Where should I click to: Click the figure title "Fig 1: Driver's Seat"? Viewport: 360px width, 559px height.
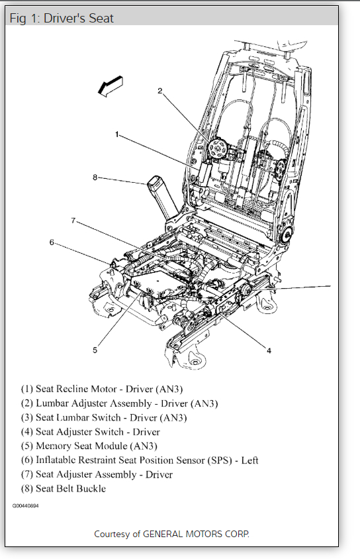pyautogui.click(x=62, y=18)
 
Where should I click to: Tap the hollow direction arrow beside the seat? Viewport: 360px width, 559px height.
pyautogui.click(x=111, y=86)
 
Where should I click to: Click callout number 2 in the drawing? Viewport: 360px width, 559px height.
pyautogui.click(x=160, y=91)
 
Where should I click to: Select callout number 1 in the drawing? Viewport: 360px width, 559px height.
pyautogui.click(x=116, y=134)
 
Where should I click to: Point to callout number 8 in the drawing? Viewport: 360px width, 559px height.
pyautogui.click(x=95, y=178)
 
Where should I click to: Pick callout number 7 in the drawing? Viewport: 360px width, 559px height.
pyautogui.click(x=73, y=221)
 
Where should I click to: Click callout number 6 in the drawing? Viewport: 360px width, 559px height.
pyautogui.click(x=52, y=242)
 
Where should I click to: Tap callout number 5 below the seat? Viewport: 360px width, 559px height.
pyautogui.click(x=95, y=350)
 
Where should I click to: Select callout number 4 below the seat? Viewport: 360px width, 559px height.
pyautogui.click(x=269, y=351)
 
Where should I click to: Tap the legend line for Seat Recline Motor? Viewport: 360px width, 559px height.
pyautogui.click(x=102, y=389)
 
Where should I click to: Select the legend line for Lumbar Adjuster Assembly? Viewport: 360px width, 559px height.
pyautogui.click(x=119, y=403)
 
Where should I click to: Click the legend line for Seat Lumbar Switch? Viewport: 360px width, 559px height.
pyautogui.click(x=104, y=417)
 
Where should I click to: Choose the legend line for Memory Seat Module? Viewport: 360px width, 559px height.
pyautogui.click(x=89, y=446)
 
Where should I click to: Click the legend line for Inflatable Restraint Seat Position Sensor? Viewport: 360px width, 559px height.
pyautogui.click(x=140, y=460)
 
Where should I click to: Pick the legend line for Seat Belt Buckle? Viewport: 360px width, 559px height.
pyautogui.click(x=64, y=488)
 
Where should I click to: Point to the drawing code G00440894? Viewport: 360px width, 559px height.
pyautogui.click(x=26, y=506)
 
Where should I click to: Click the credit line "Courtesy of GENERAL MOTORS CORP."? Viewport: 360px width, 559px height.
pyautogui.click(x=171, y=534)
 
